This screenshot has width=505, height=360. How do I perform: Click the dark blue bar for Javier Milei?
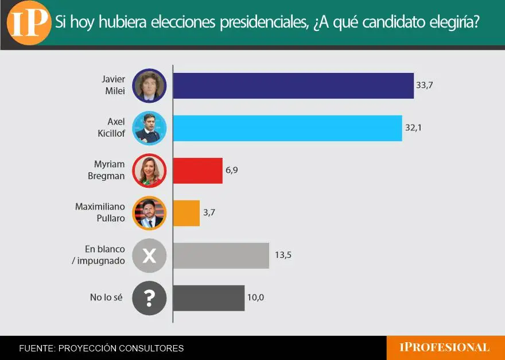tap(293, 86)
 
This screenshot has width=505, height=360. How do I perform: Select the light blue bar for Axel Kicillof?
tap(288, 128)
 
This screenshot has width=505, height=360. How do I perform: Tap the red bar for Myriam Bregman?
tap(198, 171)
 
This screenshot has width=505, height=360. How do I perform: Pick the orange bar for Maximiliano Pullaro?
tap(187, 213)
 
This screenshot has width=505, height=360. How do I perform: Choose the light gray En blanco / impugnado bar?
tap(222, 256)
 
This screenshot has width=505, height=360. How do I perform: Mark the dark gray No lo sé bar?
tap(209, 298)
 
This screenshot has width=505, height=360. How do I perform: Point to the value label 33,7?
tap(425, 86)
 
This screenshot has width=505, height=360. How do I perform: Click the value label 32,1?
tap(413, 127)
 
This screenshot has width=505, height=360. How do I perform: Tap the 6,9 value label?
tap(232, 170)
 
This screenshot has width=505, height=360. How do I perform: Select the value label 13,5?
tap(283, 255)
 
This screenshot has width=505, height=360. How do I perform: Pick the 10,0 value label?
tap(256, 297)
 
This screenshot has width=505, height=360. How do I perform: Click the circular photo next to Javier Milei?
tap(149, 86)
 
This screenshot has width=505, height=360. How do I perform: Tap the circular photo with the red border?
tap(149, 171)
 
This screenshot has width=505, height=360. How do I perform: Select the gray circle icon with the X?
tap(149, 256)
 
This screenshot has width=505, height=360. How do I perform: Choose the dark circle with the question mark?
tap(149, 298)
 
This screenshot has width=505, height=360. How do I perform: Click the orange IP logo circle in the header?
tap(29, 23)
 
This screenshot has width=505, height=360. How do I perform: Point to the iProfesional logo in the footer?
tap(444, 347)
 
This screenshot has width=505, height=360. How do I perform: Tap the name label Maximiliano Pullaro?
tap(100, 212)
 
